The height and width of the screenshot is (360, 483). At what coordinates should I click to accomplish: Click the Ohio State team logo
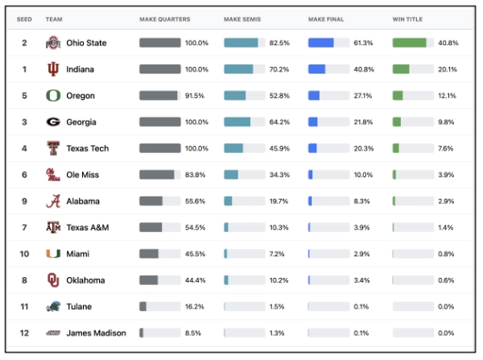(x=53, y=43)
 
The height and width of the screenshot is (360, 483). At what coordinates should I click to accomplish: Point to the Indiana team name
(x=80, y=69)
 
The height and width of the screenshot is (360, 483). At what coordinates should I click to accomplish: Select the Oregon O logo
(x=53, y=96)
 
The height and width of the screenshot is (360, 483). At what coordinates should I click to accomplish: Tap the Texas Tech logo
(x=53, y=148)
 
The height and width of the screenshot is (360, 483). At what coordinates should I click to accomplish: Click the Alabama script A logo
(x=53, y=201)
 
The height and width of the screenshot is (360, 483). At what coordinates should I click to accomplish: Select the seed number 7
(x=24, y=228)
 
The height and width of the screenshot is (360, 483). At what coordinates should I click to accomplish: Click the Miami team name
(x=78, y=254)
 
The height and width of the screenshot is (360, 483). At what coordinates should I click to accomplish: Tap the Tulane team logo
(x=53, y=307)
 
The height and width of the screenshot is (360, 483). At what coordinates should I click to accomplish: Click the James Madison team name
(x=97, y=333)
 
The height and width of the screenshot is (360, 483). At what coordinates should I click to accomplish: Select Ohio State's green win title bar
(x=409, y=43)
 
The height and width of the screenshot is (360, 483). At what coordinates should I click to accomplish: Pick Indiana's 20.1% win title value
(x=448, y=69)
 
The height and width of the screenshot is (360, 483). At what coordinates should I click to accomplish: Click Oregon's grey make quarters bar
(x=158, y=96)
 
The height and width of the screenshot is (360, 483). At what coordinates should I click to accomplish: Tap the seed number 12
(x=24, y=333)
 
